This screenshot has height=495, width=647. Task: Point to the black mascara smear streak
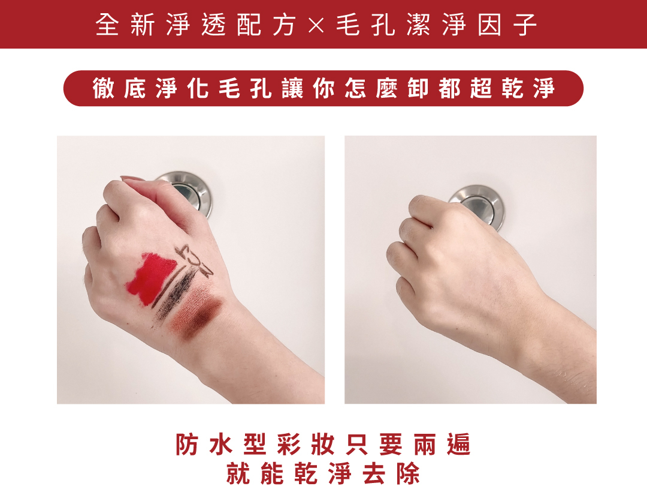click(x=173, y=294)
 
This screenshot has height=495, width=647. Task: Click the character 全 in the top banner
click(x=107, y=25)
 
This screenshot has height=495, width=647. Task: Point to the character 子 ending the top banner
click(x=525, y=25)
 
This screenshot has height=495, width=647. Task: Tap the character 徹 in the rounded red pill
click(x=103, y=88)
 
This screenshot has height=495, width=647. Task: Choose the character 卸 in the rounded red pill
click(x=418, y=88)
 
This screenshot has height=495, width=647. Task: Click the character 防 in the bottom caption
click(x=187, y=444)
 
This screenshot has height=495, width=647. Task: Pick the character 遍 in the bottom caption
click(x=459, y=444)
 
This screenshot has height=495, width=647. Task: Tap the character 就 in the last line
click(x=238, y=473)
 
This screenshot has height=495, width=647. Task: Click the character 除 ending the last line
click(x=409, y=473)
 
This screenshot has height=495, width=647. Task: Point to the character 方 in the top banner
click(x=284, y=25)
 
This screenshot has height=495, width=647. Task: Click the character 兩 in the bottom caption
click(x=425, y=444)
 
